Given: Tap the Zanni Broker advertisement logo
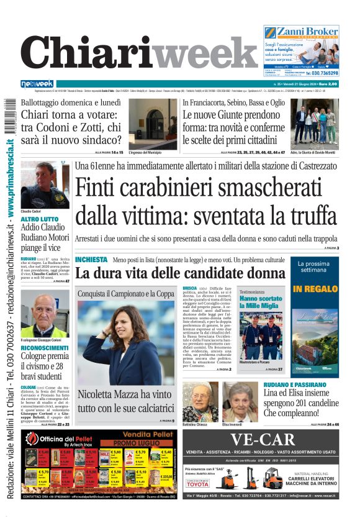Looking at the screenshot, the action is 300,33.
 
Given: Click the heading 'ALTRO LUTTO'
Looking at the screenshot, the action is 40,219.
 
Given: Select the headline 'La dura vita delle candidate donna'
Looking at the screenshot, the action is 180,273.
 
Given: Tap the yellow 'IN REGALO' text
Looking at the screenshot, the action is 315,289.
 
